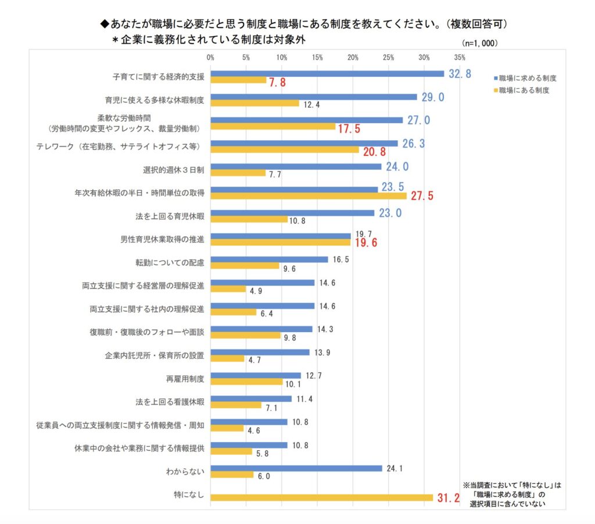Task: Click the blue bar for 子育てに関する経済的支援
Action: [x=327, y=74]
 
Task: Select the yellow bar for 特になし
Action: [x=321, y=497]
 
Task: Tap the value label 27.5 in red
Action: [x=422, y=196]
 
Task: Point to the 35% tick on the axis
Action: [x=460, y=58]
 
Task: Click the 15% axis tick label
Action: [x=317, y=58]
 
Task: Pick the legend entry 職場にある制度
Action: [x=524, y=90]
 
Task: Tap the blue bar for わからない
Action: [x=296, y=468]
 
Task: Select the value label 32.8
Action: [x=459, y=74]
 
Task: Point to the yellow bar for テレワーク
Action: [x=285, y=149]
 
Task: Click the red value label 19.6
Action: [x=366, y=243]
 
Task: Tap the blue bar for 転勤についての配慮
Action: [x=269, y=259]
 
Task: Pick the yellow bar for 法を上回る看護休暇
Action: [x=236, y=405]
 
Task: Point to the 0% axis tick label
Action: [x=210, y=58]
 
